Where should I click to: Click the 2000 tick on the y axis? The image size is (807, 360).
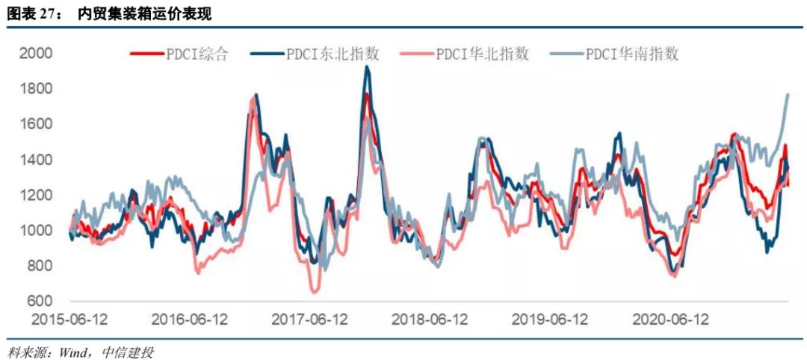click(x=37, y=54)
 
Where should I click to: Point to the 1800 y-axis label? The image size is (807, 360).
click(x=37, y=89)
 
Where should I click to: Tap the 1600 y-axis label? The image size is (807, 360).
click(x=37, y=124)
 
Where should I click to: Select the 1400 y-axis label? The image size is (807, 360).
click(x=37, y=160)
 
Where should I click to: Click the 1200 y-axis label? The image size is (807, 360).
click(x=37, y=195)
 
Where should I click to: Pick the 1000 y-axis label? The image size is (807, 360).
click(x=37, y=231)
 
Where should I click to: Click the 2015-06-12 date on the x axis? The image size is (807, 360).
click(x=70, y=320)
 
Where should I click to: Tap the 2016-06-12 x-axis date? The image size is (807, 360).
click(x=190, y=320)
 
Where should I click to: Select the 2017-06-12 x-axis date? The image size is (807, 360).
click(x=310, y=320)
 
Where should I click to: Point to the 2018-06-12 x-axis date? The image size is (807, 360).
click(x=430, y=320)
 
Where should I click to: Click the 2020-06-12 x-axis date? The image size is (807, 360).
click(x=670, y=320)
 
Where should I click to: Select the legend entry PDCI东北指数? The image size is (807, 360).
click(x=333, y=54)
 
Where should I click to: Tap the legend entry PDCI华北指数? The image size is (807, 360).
click(x=483, y=54)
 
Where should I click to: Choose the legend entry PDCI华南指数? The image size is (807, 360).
click(x=632, y=54)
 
